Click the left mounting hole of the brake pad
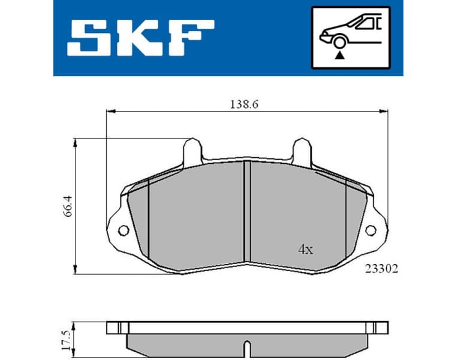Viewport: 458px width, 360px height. [x=123, y=230]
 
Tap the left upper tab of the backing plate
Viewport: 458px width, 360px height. [x=192, y=150]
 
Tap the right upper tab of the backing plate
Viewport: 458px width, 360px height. [x=301, y=150]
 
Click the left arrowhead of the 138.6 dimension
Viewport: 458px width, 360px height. [x=109, y=111]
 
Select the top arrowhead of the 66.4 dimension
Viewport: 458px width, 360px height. [x=75, y=142]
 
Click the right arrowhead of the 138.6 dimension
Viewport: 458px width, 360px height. [x=382, y=111]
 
